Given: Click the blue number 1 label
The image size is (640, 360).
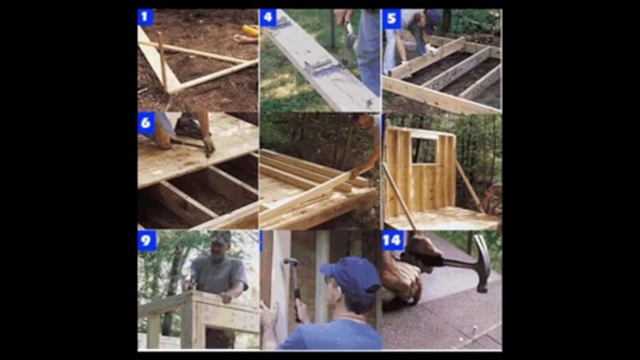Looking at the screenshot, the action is tap(145, 17).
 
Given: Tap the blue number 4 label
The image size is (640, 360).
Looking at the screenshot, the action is tap(268, 17).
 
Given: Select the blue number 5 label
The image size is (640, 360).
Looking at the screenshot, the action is tap(391, 19).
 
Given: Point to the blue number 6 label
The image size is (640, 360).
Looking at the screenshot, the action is tap(146, 123).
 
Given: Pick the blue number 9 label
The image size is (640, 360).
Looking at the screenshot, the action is tap(147, 241).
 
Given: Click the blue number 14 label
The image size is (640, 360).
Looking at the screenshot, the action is tap(393, 240).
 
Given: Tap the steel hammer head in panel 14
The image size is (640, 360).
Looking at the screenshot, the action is tap(483, 263).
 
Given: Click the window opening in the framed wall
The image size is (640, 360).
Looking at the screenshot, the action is tap(424, 150).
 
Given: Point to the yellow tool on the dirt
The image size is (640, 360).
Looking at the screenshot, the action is tap(250, 30).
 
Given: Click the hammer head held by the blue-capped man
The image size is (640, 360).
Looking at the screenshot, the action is tap(292, 260).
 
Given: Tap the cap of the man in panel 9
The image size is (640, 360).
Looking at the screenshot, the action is tap(221, 237).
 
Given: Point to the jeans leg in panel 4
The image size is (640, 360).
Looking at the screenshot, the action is tap(369, 51).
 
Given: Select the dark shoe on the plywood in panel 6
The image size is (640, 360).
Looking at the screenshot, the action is tap(189, 126).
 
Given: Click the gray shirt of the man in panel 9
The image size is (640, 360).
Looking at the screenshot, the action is tap(219, 274).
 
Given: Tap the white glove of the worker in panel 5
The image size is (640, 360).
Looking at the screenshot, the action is tap(431, 49).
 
